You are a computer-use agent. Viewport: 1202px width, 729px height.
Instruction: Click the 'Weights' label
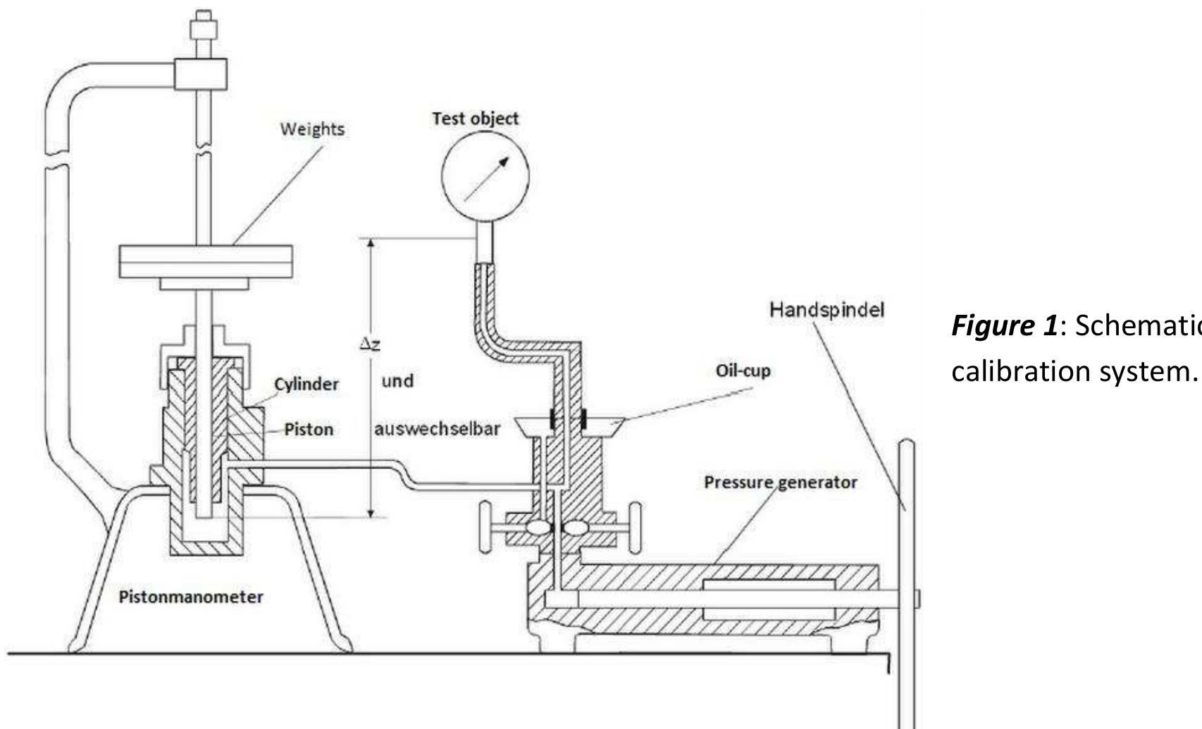pyautogui.click(x=312, y=130)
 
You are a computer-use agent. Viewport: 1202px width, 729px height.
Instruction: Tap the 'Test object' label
pyautogui.click(x=476, y=118)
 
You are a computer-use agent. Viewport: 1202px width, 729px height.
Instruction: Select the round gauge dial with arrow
pyautogui.click(x=485, y=176)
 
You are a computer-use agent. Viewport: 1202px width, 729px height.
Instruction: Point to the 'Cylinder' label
pyautogui.click(x=306, y=384)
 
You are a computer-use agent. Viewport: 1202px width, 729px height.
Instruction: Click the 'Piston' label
pyautogui.click(x=309, y=429)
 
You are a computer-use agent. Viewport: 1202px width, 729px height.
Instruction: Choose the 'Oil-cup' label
pyautogui.click(x=743, y=370)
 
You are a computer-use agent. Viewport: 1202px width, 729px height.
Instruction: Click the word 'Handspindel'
pyautogui.click(x=827, y=309)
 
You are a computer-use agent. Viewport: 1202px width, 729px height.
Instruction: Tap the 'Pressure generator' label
pyautogui.click(x=781, y=482)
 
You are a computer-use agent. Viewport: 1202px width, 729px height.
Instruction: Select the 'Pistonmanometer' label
pyautogui.click(x=191, y=597)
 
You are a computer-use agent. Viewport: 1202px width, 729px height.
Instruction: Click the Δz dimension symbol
pyautogui.click(x=370, y=344)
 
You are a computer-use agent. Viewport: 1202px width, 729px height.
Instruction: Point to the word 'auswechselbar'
pyautogui.click(x=438, y=429)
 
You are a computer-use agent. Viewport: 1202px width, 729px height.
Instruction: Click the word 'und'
pyautogui.click(x=397, y=381)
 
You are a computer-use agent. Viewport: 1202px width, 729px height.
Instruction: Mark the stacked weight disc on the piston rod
pyautogui.click(x=206, y=262)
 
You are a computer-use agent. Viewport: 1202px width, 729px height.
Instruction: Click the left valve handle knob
pyautogui.click(x=485, y=527)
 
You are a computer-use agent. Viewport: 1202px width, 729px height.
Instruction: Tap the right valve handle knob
pyautogui.click(x=636, y=528)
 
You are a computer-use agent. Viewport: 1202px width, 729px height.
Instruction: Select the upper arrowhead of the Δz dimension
pyautogui.click(x=371, y=244)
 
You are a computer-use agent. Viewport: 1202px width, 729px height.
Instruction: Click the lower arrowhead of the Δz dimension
pyautogui.click(x=371, y=513)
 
